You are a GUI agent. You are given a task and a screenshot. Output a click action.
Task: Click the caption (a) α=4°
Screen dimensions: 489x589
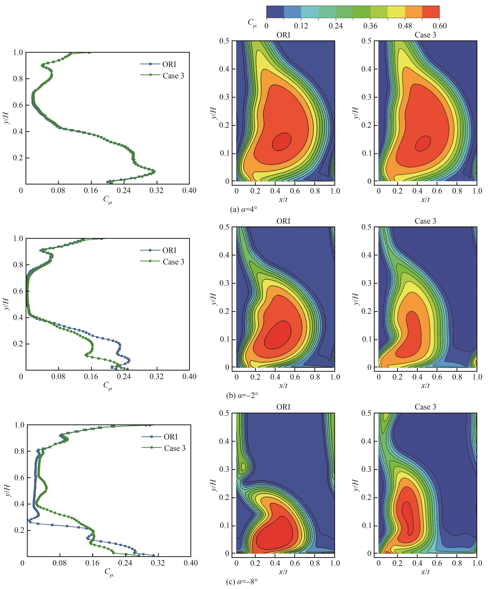tap(243, 209)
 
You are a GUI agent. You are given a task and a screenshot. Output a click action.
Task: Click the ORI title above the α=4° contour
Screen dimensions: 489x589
tap(283, 35)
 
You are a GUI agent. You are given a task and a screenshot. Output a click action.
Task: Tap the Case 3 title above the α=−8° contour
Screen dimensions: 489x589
tap(425, 407)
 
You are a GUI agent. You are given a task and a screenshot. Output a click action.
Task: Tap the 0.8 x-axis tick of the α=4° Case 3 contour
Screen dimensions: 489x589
tap(457, 191)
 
